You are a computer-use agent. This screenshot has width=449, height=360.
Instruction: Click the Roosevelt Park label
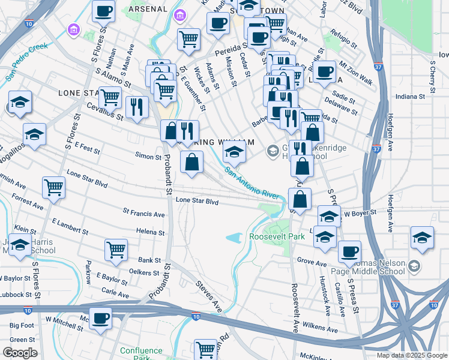277,237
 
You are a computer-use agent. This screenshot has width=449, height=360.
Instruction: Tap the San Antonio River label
253,184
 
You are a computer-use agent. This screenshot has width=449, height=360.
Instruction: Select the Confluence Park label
141,354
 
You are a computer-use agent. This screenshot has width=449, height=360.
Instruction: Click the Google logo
20,353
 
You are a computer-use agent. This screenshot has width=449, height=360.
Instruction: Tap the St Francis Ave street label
143,214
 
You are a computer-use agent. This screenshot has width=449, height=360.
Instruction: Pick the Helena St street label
150,232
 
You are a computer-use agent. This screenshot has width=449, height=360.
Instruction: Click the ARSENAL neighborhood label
148,9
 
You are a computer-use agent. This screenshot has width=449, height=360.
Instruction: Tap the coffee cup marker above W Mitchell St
101,318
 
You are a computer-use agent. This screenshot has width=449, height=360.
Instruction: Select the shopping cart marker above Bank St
116,250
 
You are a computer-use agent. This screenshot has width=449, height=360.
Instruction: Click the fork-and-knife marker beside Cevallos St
137,107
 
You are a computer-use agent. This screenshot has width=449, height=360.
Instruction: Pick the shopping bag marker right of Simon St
191,163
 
